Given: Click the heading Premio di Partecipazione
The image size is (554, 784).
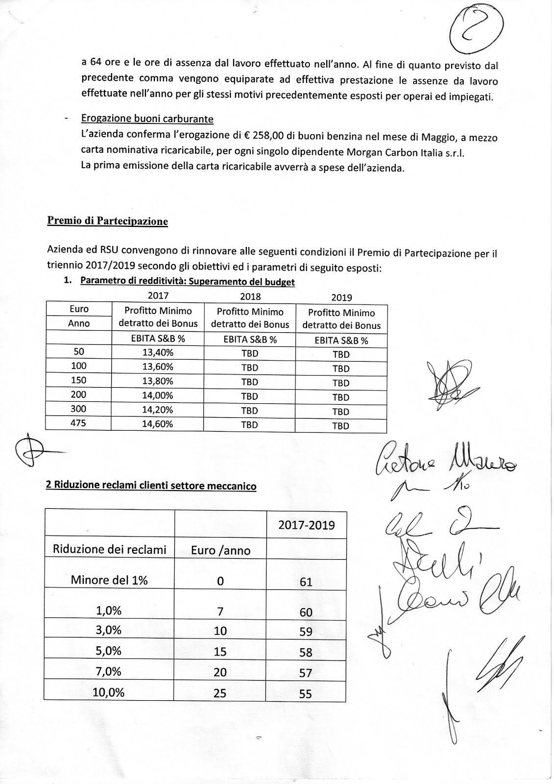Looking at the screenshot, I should tap(107, 221).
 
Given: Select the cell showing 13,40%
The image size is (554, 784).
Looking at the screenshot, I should tap(157, 352).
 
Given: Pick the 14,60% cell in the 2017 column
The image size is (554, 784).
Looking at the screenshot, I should tap(157, 424).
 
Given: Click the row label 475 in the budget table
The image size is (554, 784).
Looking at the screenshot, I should tap(78, 423).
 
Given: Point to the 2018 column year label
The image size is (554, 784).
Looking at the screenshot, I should tap(250, 296).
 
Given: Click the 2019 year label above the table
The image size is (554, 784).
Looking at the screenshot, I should tap(341, 297).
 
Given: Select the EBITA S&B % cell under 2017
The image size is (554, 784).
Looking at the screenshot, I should tap(157, 339).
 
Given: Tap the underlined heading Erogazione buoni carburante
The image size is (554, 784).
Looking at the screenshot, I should tap(147, 119).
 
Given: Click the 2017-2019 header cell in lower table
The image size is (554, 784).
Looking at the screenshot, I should tap(307, 525).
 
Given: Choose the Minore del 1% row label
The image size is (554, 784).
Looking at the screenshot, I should tap(109, 580).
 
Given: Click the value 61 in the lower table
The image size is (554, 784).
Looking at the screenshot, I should tap(306, 582).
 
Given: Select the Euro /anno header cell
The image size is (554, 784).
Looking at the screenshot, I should tap(220, 550).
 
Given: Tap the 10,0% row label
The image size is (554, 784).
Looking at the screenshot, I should tap(109, 692).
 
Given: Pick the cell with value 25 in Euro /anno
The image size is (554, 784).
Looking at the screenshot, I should tap(220, 693).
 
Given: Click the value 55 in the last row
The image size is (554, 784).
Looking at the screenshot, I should tap(306, 694).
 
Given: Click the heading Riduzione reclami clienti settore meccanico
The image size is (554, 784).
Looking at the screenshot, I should tap(151, 486).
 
